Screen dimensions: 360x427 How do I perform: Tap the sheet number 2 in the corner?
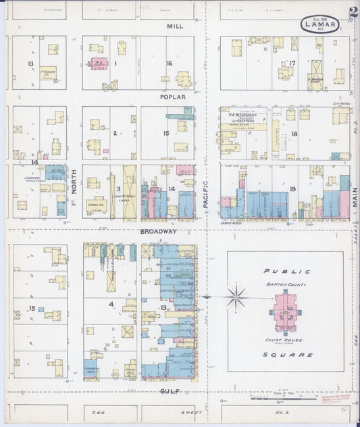coord(353,12)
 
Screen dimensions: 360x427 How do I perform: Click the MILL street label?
coord(175,26)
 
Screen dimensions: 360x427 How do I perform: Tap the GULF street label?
coord(169,391)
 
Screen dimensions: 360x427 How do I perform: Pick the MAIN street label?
coord(354,197)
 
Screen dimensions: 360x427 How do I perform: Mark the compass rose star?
coord(236,296)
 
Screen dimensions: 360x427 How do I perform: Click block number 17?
coord(292,64)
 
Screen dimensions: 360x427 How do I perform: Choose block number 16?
coord(169,63)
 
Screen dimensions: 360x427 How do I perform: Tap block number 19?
coord(292,189)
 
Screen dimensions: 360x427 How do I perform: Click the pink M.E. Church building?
coord(97,64)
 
